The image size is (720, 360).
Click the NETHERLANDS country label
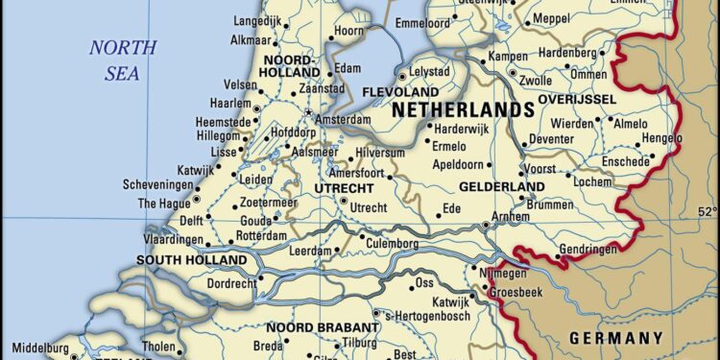[463, 109]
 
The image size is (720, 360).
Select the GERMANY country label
[615, 337]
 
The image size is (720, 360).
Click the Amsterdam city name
[344, 118]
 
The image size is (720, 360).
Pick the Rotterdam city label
[261, 235]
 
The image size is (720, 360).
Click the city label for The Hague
[163, 203]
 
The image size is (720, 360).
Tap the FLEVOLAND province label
[399, 91]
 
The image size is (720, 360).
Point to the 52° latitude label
[707, 212]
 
